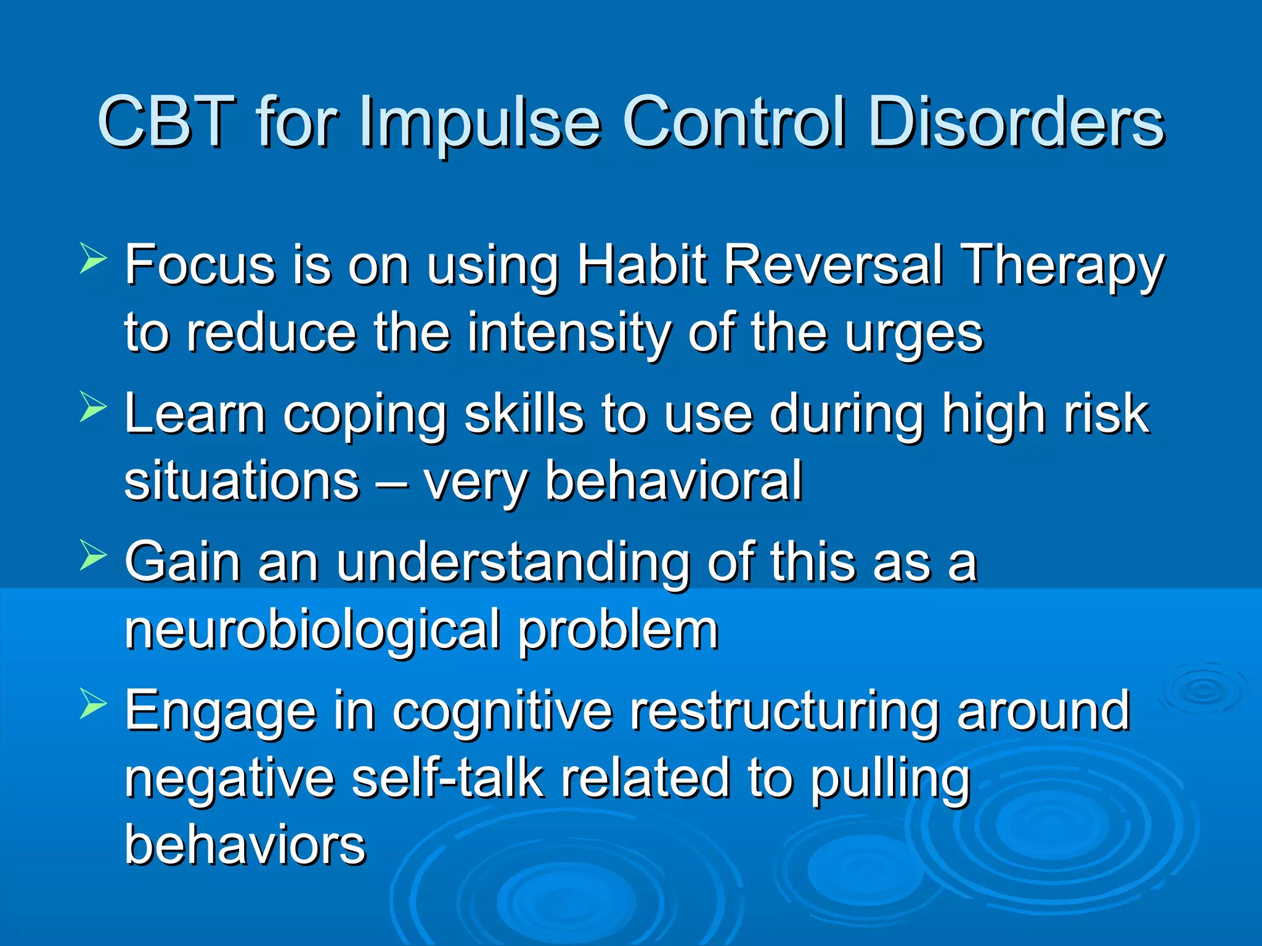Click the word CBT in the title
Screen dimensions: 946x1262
pos(166,121)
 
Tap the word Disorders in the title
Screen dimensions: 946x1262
pos(1017,121)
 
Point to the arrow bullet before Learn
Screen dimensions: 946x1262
pos(93,408)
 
